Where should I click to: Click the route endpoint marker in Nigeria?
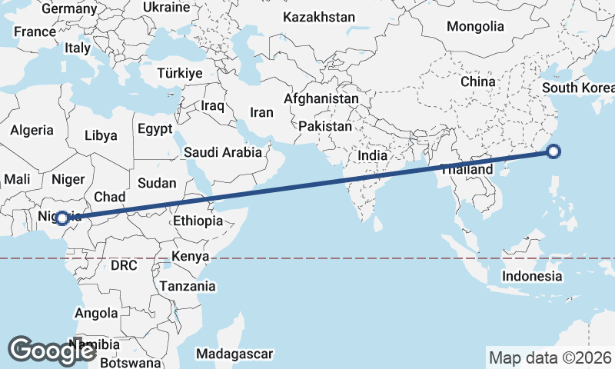pyautogui.click(x=62, y=218)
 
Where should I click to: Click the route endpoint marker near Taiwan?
pyautogui.click(x=554, y=151)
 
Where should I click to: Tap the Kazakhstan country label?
pyautogui.click(x=319, y=17)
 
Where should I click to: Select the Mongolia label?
pyautogui.click(x=475, y=26)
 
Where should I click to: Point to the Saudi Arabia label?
pyautogui.click(x=223, y=152)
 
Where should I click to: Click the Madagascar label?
pyautogui.click(x=234, y=354)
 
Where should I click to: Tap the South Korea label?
pyautogui.click(x=577, y=88)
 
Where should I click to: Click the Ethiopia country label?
pyautogui.click(x=198, y=221)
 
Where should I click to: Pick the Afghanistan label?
pyautogui.click(x=321, y=99)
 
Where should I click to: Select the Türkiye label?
pyautogui.click(x=179, y=73)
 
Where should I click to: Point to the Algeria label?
pyautogui.click(x=32, y=130)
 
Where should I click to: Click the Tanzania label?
pyautogui.click(x=188, y=286)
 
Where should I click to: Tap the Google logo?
pyautogui.click(x=52, y=351)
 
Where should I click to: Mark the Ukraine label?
pyautogui.click(x=166, y=8)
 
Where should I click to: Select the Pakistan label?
pyautogui.click(x=325, y=126)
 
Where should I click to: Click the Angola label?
pyautogui.click(x=96, y=313)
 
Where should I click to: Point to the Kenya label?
pyautogui.click(x=191, y=256)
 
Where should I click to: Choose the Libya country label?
pyautogui.click(x=101, y=135)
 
